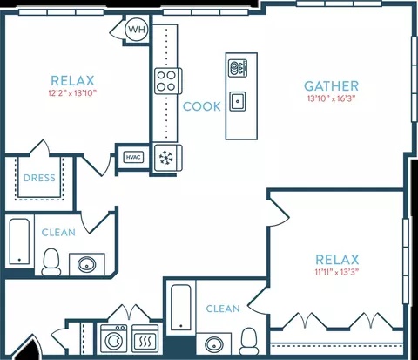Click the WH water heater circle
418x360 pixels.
pyautogui.click(x=137, y=30)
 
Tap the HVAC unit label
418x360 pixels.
pyautogui.click(x=133, y=158)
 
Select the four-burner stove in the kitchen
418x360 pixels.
pyautogui.click(x=168, y=81)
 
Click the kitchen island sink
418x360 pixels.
pyautogui.click(x=238, y=101)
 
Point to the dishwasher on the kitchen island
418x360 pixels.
pyautogui.click(x=238, y=68)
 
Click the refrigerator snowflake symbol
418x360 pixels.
pyautogui.click(x=166, y=158)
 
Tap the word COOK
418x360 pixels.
pyautogui.click(x=202, y=106)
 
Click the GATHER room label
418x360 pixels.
pyautogui.click(x=332, y=86)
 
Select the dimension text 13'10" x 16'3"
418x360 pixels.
pyautogui.click(x=331, y=98)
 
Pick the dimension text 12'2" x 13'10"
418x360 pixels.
pyautogui.click(x=72, y=93)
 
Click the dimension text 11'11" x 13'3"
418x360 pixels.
pyautogui.click(x=337, y=273)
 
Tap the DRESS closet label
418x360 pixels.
pyautogui.click(x=39, y=178)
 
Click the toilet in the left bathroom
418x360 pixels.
pyautogui.click(x=51, y=262)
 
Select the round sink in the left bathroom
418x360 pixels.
pyautogui.click(x=87, y=264)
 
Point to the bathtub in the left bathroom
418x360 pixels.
pyautogui.click(x=19, y=241)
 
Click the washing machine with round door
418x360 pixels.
pyautogui.click(x=114, y=338)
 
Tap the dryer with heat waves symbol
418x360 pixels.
pyautogui.click(x=145, y=338)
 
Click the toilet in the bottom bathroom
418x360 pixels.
pyautogui.click(x=249, y=341)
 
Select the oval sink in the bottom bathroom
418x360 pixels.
pyautogui.click(x=214, y=344)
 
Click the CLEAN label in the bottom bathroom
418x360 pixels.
pyautogui.click(x=223, y=309)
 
